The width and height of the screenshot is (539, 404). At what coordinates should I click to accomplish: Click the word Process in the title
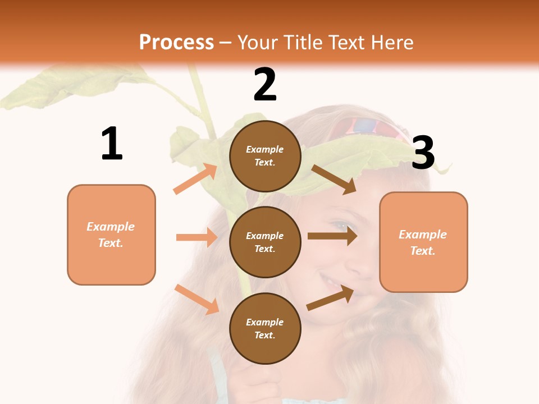point(176,43)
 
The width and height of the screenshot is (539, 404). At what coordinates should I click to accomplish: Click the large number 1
point(112,144)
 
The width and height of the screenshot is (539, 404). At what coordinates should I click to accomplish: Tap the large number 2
point(265,85)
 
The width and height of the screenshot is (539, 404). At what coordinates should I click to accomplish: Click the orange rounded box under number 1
point(111,235)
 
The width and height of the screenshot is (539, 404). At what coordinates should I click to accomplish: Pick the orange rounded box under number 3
point(423,242)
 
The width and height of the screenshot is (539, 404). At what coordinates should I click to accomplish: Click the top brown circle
point(265,156)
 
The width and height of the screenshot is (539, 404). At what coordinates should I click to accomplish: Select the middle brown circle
point(265,242)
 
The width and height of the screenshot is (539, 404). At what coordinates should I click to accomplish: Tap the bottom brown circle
point(265,328)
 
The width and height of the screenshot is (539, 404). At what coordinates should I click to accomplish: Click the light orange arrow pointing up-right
point(195,179)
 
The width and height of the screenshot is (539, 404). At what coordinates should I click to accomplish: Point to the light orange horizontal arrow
point(197,237)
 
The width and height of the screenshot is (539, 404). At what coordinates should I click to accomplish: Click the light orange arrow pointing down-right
point(197,299)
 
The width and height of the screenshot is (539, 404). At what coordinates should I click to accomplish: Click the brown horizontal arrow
point(332,236)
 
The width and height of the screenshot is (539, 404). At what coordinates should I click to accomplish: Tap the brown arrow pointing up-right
point(330,298)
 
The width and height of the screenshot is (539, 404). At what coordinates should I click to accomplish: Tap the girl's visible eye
point(340,226)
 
